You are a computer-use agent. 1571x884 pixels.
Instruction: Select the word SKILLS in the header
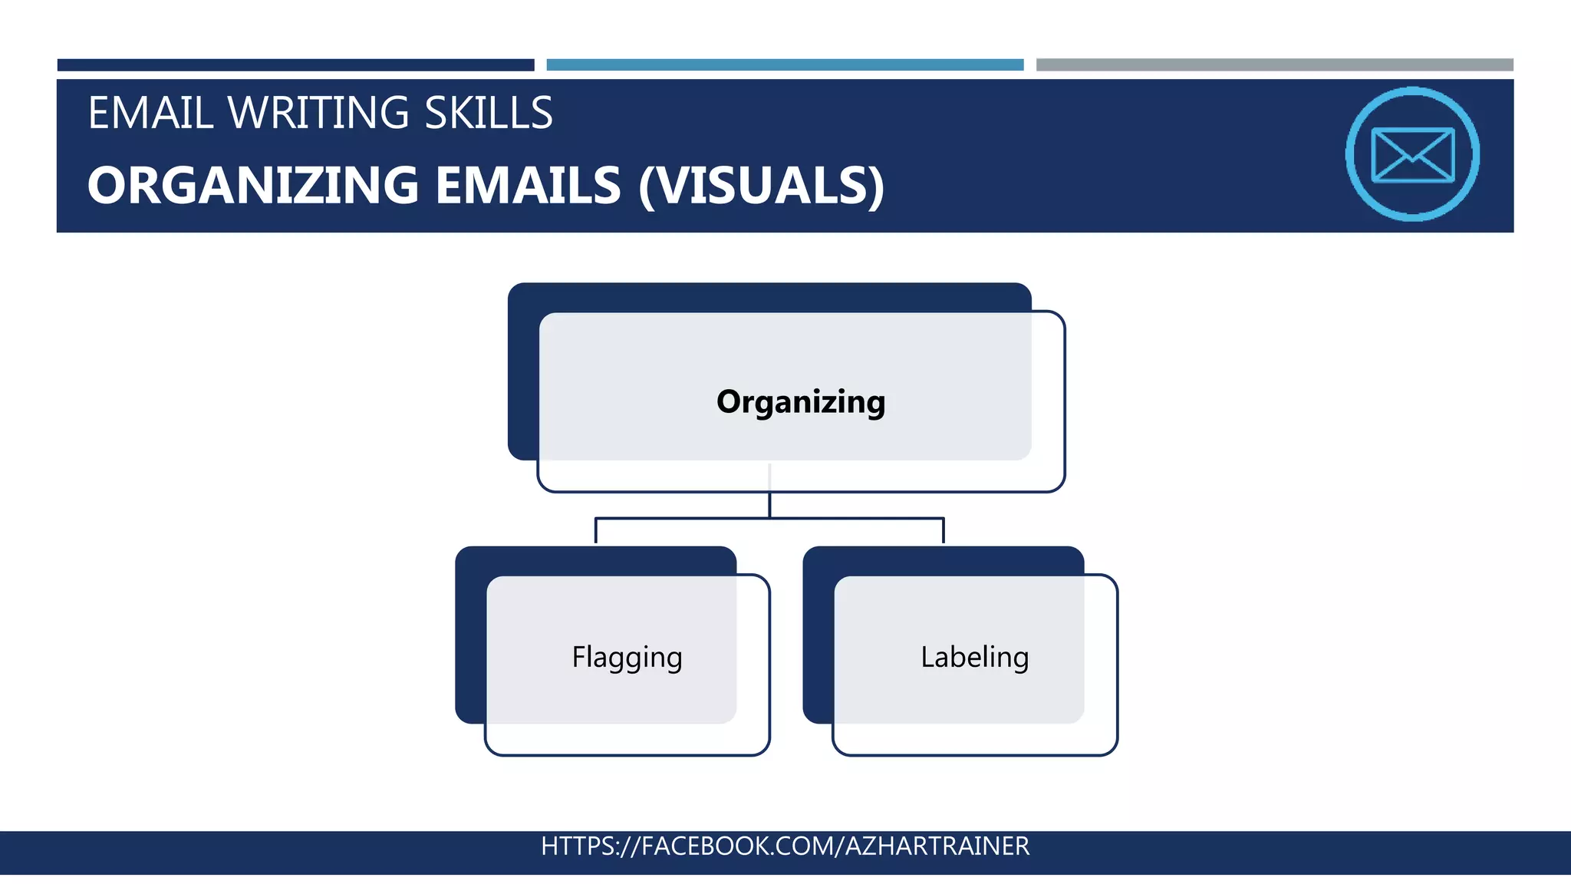(x=489, y=113)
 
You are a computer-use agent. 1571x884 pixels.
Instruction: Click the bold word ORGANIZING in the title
(x=253, y=186)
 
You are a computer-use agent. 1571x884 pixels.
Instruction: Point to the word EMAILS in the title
(x=528, y=186)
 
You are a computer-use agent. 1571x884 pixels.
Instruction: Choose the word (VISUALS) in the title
(x=762, y=186)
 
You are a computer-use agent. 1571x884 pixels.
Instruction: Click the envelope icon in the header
(x=1412, y=154)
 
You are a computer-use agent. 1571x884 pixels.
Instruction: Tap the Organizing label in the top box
(x=801, y=401)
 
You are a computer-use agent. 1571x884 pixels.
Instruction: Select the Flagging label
(x=627, y=658)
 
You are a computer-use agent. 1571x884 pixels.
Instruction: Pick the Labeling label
(x=974, y=657)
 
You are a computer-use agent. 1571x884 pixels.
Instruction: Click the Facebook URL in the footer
(x=785, y=846)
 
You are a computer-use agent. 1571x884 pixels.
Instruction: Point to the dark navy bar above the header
(x=295, y=65)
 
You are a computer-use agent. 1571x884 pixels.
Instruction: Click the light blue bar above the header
(x=785, y=65)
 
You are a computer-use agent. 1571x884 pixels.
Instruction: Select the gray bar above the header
(x=1274, y=65)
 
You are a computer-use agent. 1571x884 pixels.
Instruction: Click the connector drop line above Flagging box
(x=596, y=531)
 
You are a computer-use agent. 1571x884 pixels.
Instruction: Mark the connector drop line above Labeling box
(x=943, y=531)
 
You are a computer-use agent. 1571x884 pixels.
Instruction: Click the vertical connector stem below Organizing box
(x=769, y=504)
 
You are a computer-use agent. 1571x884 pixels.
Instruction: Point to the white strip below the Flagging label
(x=627, y=739)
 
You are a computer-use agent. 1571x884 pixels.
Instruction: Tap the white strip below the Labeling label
(x=974, y=739)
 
